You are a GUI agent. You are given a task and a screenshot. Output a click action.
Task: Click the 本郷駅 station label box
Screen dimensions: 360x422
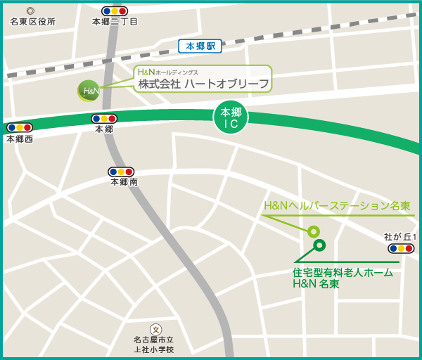pyautogui.click(x=200, y=46)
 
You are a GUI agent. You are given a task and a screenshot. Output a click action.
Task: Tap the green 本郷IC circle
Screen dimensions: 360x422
pyautogui.click(x=231, y=117)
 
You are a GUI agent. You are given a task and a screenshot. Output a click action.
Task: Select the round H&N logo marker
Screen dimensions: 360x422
pyautogui.click(x=89, y=91)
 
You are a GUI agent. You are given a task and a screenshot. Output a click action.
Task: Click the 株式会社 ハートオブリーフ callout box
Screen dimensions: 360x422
pyautogui.click(x=203, y=79)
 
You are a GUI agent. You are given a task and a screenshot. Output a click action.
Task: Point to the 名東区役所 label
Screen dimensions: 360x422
pyautogui.click(x=32, y=22)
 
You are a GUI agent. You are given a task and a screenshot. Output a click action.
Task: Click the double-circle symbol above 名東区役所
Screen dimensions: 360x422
pyautogui.click(x=30, y=11)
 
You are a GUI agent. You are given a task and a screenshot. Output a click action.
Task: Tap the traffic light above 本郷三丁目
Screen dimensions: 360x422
pyautogui.click(x=115, y=11)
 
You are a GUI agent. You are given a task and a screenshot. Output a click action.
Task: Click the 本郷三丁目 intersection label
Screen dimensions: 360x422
pyautogui.click(x=115, y=22)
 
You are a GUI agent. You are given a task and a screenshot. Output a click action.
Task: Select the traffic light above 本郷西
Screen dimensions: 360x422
pyautogui.click(x=20, y=128)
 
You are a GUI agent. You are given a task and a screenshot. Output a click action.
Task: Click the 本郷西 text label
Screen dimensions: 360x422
pyautogui.click(x=20, y=139)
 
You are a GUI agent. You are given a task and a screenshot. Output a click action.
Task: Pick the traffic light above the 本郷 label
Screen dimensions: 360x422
pyautogui.click(x=104, y=118)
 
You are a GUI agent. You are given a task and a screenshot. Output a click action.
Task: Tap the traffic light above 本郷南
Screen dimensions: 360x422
pyautogui.click(x=121, y=171)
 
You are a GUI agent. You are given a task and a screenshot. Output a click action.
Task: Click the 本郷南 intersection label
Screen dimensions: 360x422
pyautogui.click(x=124, y=181)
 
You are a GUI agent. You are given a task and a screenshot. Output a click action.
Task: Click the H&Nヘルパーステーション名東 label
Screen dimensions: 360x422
pyautogui.click(x=337, y=206)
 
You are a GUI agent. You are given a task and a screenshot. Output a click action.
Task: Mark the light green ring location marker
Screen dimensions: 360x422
pyautogui.click(x=314, y=231)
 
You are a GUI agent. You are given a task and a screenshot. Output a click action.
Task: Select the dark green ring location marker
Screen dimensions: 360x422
pyautogui.click(x=319, y=245)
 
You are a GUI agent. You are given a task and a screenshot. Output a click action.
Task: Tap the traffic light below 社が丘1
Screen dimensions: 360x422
pyautogui.click(x=401, y=248)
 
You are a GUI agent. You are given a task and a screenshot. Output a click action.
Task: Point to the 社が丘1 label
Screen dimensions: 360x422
pyautogui.click(x=400, y=237)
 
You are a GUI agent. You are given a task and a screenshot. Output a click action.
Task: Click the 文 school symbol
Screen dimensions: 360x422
pyautogui.click(x=155, y=329)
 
